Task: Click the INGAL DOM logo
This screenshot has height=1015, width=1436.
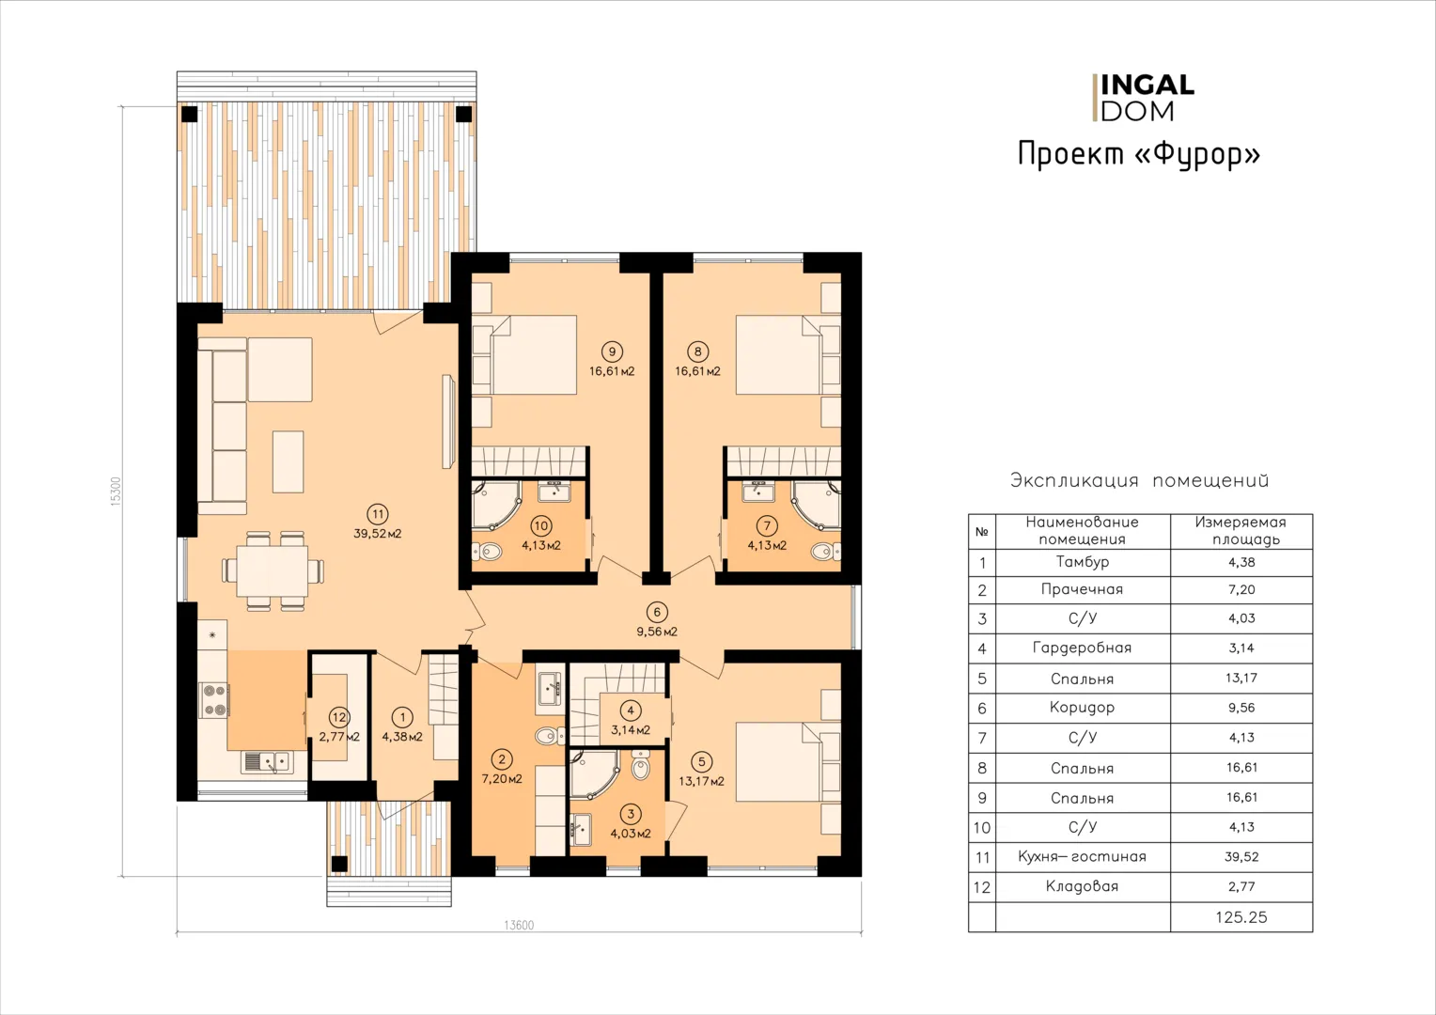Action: coord(1143,98)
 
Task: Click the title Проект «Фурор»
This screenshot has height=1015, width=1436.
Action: coord(1139,155)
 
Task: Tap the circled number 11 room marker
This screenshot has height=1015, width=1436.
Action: coord(377,514)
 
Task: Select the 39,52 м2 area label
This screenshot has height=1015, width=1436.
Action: coord(378,534)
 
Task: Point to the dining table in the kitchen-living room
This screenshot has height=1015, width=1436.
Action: coord(273,570)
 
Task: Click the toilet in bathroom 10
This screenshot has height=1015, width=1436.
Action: coord(488,551)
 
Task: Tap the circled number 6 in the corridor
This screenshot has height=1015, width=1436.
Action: coord(657,612)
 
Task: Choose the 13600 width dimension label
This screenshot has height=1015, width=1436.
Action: coord(519,925)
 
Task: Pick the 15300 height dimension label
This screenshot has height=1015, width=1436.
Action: coord(116,492)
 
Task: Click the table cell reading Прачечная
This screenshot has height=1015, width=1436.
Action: coord(1082,590)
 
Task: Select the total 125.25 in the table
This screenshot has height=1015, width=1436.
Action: coord(1241,917)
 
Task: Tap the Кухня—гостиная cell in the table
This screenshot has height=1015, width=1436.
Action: coord(1082,857)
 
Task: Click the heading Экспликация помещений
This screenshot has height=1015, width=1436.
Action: coord(1140,480)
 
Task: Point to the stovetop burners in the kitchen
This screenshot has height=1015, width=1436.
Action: coord(214,700)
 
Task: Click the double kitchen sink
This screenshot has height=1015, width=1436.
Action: coord(267,762)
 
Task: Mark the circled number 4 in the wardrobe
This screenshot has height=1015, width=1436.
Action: coord(631,710)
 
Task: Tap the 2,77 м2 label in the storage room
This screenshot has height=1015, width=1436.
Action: coord(339,738)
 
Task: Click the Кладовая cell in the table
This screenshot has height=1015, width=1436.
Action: coord(1082,887)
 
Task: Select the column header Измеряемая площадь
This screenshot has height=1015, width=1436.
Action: coord(1241,531)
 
